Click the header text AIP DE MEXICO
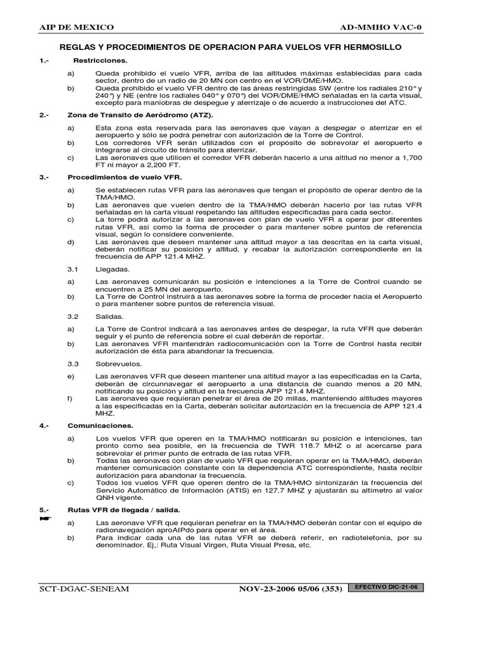click(77, 27)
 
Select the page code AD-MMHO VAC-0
click(385, 27)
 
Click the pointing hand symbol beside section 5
click(44, 518)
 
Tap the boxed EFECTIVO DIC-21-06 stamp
click(387, 588)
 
